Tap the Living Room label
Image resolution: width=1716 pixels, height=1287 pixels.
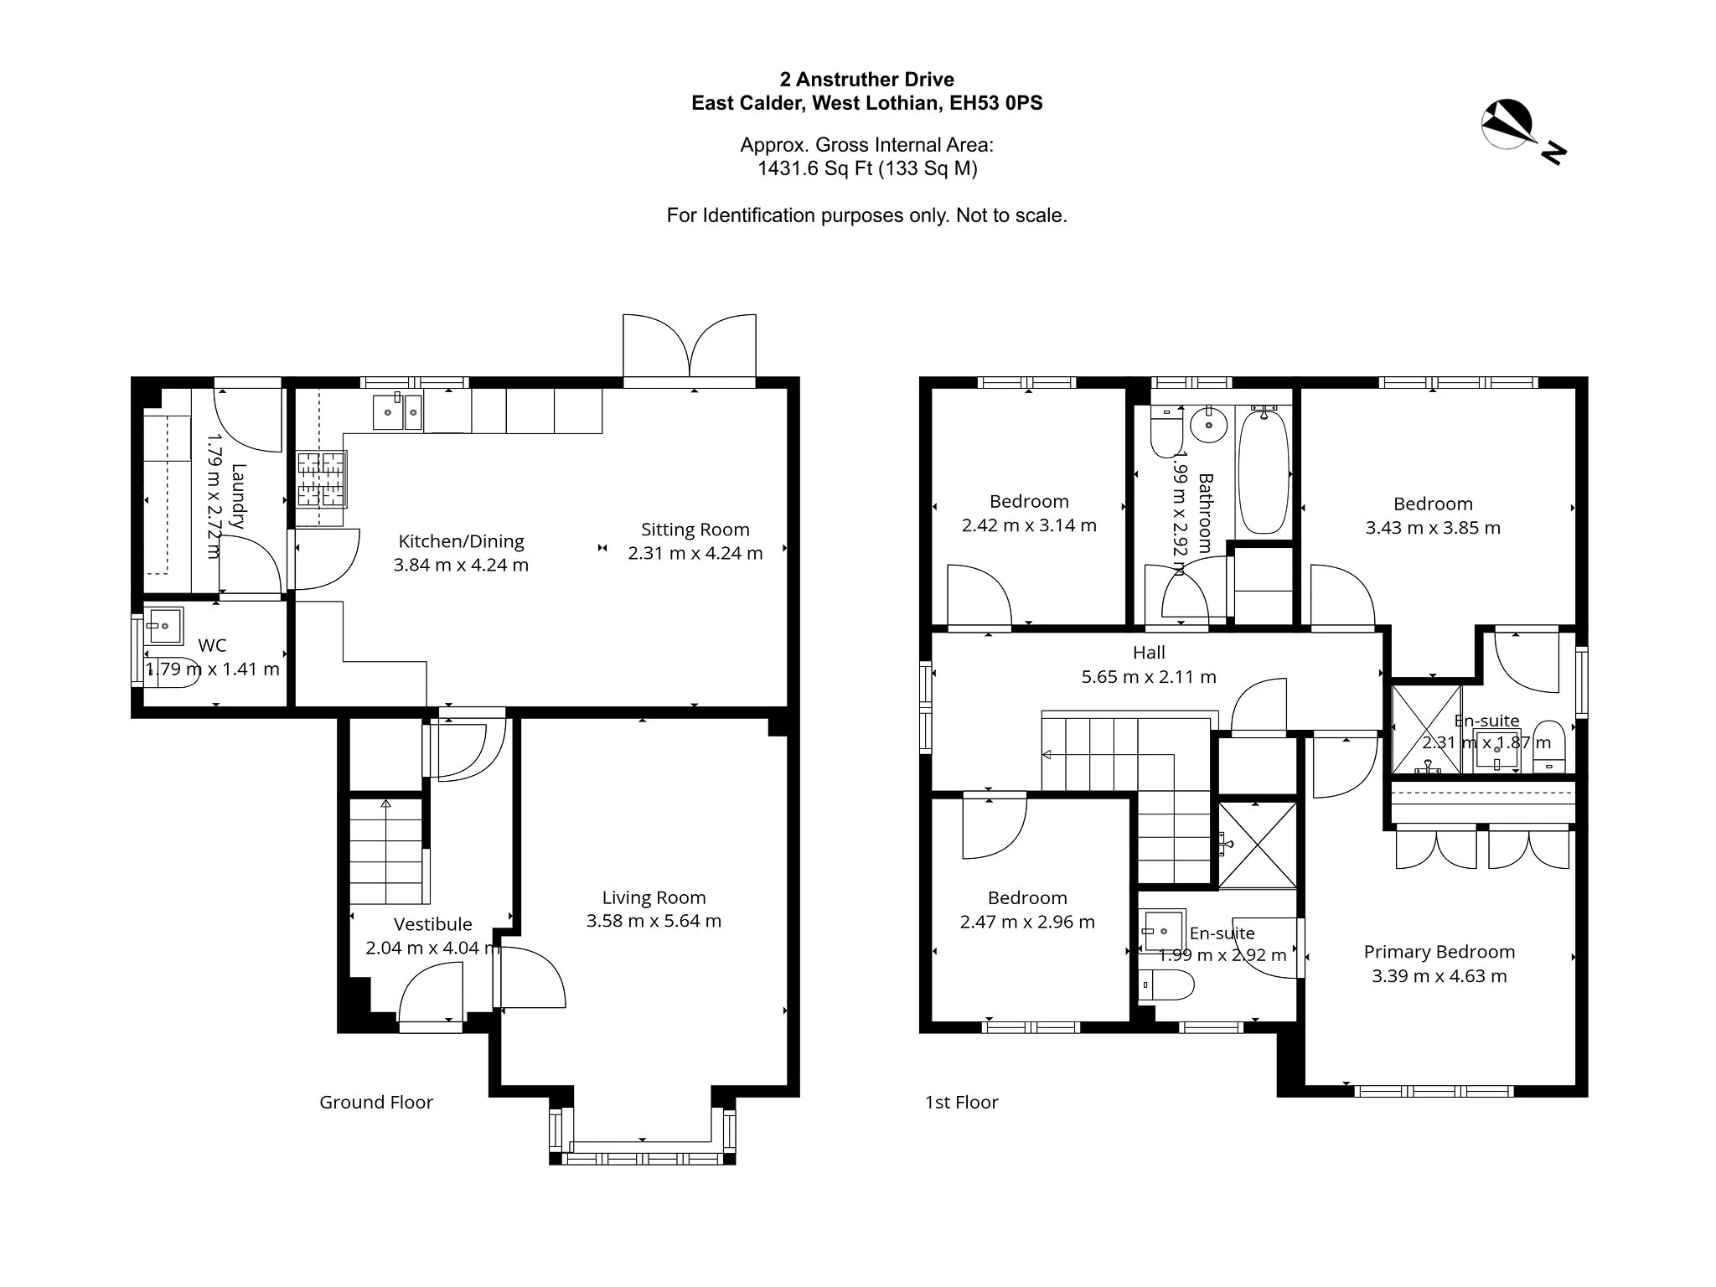pyautogui.click(x=654, y=897)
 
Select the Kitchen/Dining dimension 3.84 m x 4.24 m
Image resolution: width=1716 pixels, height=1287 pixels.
pyautogui.click(x=461, y=565)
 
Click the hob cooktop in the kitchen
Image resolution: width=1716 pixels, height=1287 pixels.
pyautogui.click(x=322, y=479)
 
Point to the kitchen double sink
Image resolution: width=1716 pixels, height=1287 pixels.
pyautogui.click(x=397, y=411)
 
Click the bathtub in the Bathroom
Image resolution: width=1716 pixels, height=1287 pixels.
pyautogui.click(x=1264, y=470)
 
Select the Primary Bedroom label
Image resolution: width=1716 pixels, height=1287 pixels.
pyautogui.click(x=1439, y=952)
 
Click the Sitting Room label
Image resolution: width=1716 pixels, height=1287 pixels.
pyautogui.click(x=695, y=530)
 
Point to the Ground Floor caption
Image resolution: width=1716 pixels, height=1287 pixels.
pyautogui.click(x=376, y=1102)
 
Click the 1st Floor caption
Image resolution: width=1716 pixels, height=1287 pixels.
pyautogui.click(x=962, y=1102)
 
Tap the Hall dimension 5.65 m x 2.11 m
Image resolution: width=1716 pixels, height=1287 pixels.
pyautogui.click(x=1149, y=676)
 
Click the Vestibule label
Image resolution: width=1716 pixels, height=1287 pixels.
pyautogui.click(x=433, y=924)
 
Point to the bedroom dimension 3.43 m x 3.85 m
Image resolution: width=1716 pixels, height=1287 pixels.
pyautogui.click(x=1433, y=528)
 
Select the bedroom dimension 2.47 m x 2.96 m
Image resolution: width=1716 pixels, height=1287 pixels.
pyautogui.click(x=1027, y=922)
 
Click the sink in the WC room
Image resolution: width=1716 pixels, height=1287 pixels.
pyautogui.click(x=163, y=624)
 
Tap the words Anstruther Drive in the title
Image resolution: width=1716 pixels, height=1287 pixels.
pyautogui.click(x=875, y=80)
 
